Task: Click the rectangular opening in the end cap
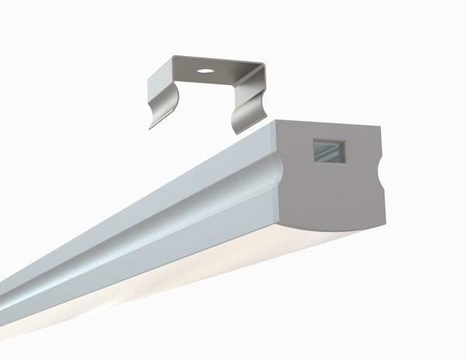click(x=329, y=152)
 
